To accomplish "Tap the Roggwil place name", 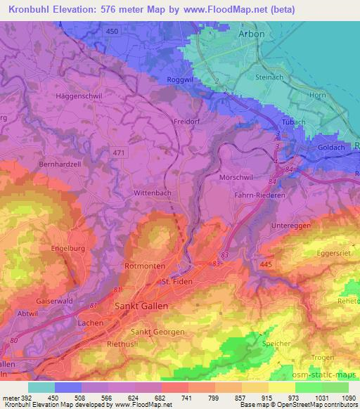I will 180,79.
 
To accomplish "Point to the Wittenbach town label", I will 153,191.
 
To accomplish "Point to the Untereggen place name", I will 290,227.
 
